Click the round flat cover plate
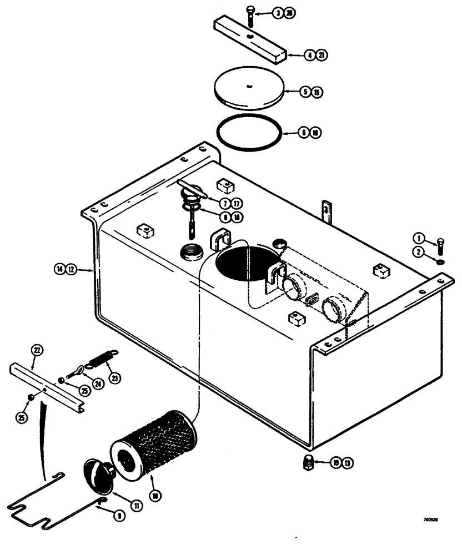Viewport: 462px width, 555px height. [x=249, y=90]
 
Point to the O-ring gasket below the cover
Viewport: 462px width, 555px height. [x=249, y=133]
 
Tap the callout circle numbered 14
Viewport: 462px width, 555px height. [x=58, y=270]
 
